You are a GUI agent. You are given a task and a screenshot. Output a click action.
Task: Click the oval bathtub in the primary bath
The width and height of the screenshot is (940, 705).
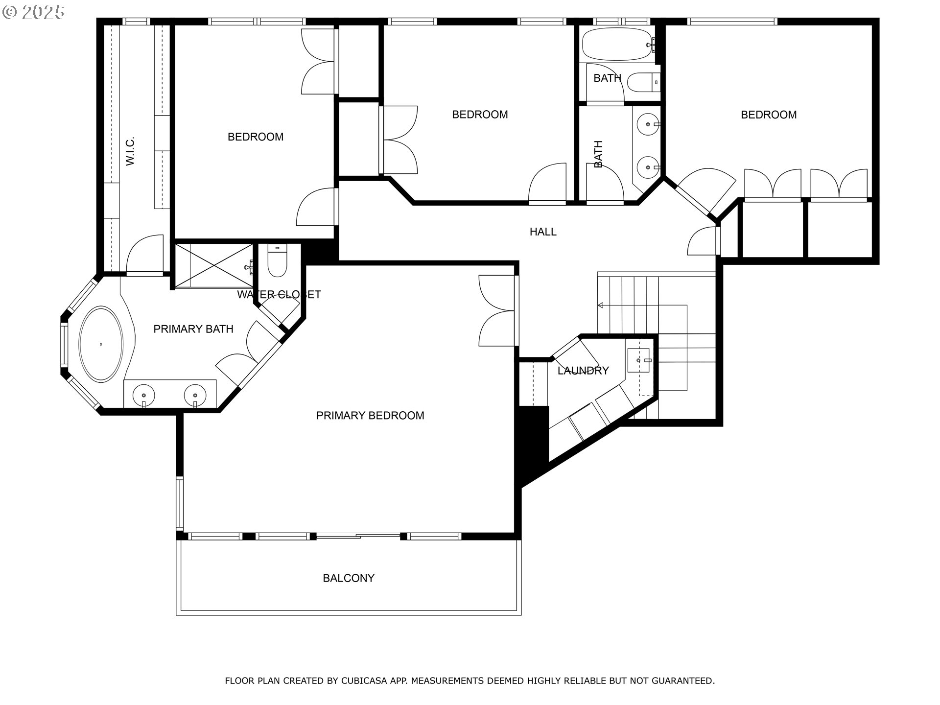pos(101,344)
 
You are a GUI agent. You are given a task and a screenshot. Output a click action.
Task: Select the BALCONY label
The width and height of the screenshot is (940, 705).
pos(349,578)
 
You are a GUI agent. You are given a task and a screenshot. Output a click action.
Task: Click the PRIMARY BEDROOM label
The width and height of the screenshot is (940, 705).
pos(370,416)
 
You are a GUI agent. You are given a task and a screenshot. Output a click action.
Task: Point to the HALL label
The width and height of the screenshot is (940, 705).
pos(543,232)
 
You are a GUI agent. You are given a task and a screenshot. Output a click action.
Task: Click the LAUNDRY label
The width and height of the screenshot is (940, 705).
pos(583,371)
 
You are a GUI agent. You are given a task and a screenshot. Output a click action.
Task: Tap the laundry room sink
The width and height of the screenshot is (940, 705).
pos(639,360)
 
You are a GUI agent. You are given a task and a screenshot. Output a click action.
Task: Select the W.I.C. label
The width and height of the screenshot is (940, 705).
pos(130,151)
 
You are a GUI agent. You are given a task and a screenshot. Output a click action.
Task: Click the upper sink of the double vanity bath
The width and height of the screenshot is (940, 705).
pos(648,123)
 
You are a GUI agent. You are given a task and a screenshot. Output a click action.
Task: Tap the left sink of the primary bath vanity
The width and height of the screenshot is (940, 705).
pos(144,395)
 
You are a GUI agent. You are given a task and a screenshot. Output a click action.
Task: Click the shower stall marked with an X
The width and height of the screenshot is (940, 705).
pos(214,266)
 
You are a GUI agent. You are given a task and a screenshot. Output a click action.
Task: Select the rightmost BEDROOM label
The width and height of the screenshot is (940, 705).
pos(769,115)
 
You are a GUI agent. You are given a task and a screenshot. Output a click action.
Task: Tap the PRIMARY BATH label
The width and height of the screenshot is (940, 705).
pos(193,329)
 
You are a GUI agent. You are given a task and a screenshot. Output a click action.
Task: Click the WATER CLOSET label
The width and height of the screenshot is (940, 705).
pos(279,295)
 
